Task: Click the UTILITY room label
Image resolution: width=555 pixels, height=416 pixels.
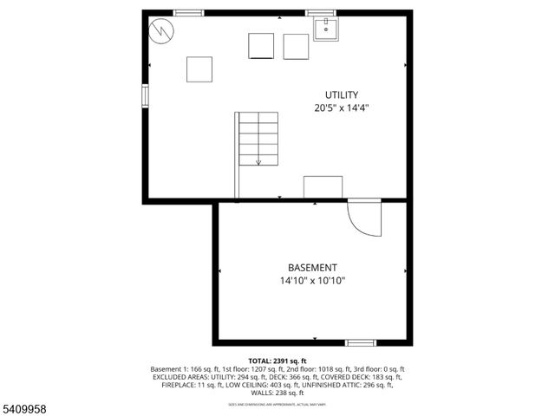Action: coord(342,94)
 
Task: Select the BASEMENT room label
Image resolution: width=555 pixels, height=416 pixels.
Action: coord(312,268)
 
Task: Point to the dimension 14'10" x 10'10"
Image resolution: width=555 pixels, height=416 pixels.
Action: coord(312,281)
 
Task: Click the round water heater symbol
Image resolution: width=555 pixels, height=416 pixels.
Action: coord(160,32)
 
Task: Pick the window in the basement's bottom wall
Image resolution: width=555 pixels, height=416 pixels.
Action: coord(361,343)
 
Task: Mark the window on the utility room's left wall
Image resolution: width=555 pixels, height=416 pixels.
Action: coord(146,94)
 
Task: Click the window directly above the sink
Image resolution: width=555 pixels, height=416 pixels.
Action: coord(320,12)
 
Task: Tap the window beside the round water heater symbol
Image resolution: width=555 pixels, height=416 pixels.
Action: coord(188,12)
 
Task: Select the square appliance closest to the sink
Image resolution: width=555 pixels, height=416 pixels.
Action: coord(296,46)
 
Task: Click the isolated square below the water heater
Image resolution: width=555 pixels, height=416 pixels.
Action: coord(199,68)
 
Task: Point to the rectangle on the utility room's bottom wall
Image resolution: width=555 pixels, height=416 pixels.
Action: coord(323,186)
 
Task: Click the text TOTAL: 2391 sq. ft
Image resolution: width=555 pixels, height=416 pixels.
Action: coord(277,361)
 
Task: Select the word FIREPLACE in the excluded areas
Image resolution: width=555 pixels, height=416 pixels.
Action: coord(180,385)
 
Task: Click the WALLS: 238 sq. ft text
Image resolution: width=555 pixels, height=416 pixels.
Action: coord(277,393)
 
